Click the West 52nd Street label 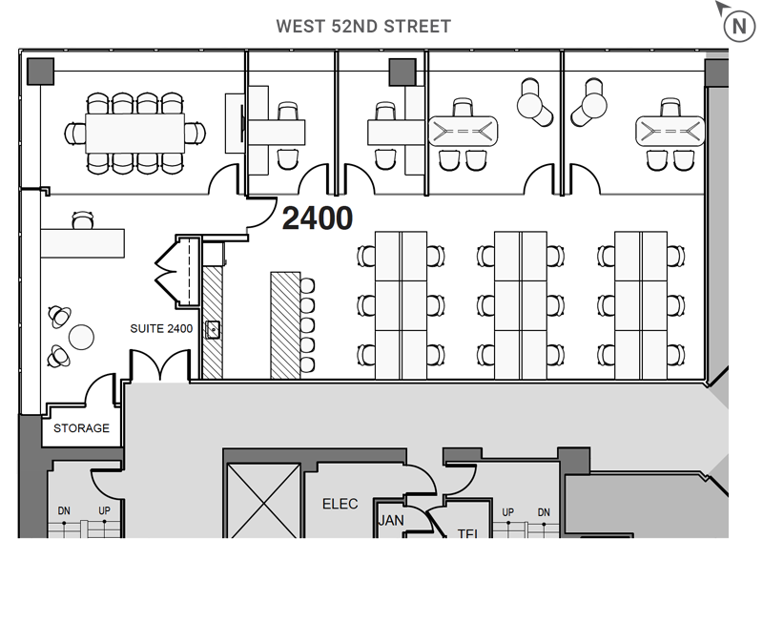[362, 27]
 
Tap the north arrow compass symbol [738, 25]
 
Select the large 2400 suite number [318, 219]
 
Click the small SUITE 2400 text [161, 329]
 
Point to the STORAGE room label [81, 428]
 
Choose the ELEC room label [340, 504]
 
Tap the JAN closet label [391, 521]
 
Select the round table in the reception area [82, 336]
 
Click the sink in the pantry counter [214, 330]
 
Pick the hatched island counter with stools [284, 324]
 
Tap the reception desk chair [84, 222]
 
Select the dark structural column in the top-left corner [40, 72]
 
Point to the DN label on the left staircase [65, 511]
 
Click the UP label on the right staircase [508, 512]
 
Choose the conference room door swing [227, 178]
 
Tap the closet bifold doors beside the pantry [173, 268]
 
